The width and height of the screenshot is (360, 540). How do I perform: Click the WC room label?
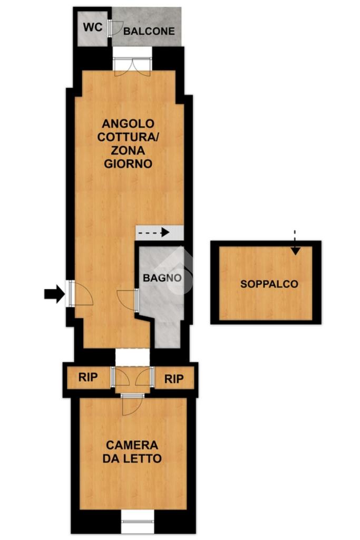(93, 27)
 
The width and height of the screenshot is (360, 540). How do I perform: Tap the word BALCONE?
(149, 31)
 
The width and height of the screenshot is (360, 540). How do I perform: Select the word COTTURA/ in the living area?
(128, 137)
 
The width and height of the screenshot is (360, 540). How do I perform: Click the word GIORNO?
(128, 163)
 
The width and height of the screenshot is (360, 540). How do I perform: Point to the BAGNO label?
(162, 277)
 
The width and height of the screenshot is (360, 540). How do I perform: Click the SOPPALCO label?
(269, 284)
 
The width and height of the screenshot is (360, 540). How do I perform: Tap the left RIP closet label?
(88, 377)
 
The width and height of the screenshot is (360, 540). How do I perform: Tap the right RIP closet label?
(174, 379)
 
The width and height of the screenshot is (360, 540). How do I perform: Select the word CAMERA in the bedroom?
(132, 445)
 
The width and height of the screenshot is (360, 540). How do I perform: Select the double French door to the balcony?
(132, 67)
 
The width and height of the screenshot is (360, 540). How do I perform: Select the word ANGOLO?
(128, 123)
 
